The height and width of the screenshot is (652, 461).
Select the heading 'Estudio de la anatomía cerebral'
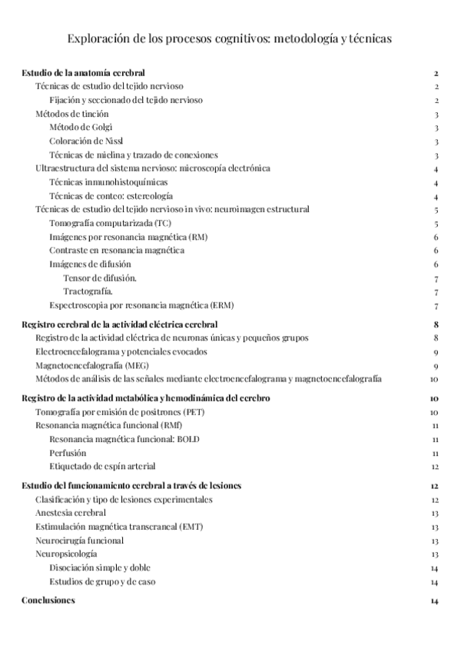91,73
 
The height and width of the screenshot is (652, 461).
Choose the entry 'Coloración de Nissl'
88,141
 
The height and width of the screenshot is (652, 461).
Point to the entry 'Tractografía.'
89,291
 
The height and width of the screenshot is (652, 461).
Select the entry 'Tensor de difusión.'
101,278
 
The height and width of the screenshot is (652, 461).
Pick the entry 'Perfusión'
68,453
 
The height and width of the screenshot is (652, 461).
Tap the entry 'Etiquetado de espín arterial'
102,466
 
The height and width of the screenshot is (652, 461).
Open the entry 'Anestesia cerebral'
71,513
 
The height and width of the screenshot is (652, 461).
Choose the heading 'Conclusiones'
48,600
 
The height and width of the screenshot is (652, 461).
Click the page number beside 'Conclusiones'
435,600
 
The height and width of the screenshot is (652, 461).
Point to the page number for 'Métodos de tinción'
436,114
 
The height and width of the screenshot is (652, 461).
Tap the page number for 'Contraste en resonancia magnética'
436,251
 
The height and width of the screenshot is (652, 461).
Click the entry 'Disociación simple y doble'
99,568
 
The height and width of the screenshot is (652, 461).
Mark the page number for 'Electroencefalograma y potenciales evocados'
436,351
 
